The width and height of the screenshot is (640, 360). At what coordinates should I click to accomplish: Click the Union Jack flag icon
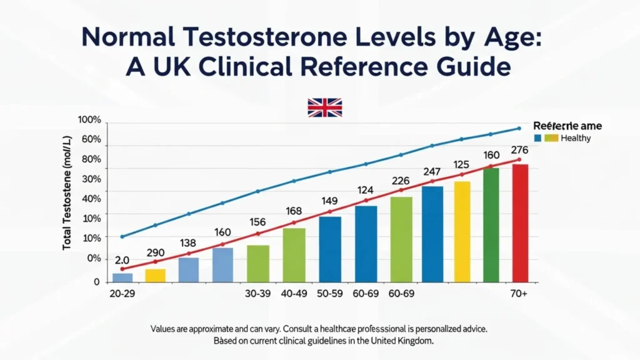pos(325,107)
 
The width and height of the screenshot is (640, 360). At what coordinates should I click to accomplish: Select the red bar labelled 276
pos(520,223)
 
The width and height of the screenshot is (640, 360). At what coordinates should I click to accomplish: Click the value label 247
pos(432,171)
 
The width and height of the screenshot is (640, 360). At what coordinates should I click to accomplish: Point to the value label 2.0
pos(122,260)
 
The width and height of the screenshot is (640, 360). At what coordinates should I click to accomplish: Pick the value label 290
pos(155,253)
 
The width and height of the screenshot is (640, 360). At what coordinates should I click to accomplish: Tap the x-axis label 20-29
pos(124,294)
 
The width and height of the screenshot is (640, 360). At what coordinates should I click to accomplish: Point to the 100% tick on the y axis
pos(89,119)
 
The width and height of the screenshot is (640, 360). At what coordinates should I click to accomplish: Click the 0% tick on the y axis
pos(93,258)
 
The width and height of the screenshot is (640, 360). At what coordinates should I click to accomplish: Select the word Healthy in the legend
pos(576,138)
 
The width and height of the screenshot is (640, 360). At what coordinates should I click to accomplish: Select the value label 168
pos(293,211)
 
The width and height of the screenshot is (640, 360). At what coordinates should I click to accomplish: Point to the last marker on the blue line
pos(519,129)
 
